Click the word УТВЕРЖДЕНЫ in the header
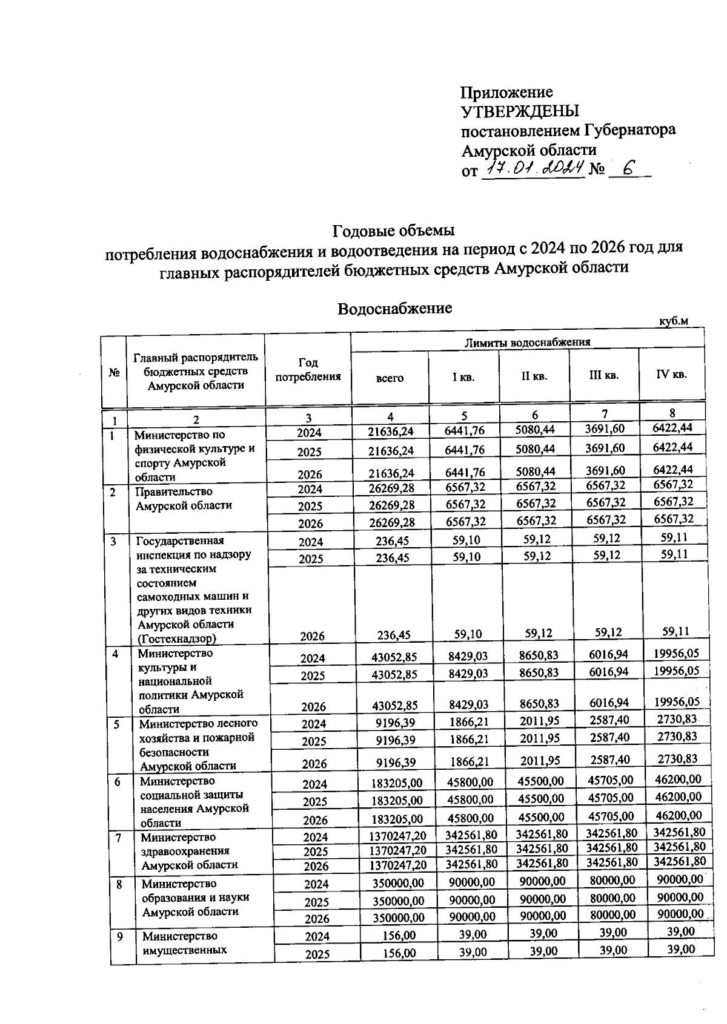click(x=520, y=111)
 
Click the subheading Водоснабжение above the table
click(x=394, y=309)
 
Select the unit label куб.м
click(x=674, y=321)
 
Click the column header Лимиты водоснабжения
click(x=527, y=342)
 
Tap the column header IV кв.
click(x=671, y=375)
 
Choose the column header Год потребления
click(x=308, y=370)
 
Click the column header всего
click(x=390, y=378)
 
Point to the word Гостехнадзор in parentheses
click(x=177, y=638)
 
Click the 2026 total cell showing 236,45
click(x=393, y=635)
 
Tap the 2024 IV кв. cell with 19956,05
click(x=676, y=652)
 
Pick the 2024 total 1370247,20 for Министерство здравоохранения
click(x=397, y=837)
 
